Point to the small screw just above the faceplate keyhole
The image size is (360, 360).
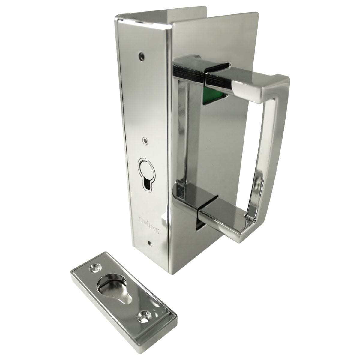point(145,139)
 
